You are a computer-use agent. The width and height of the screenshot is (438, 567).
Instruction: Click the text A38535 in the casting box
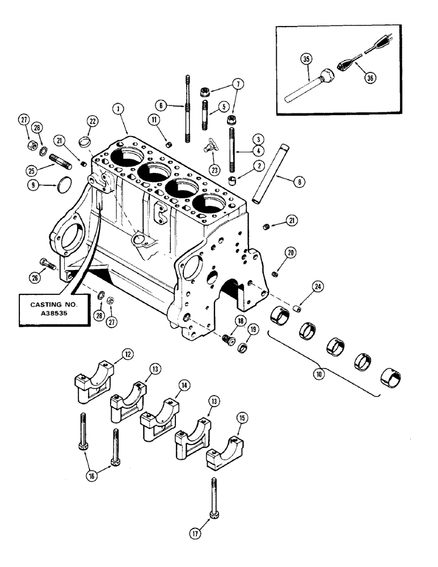click(53, 315)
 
